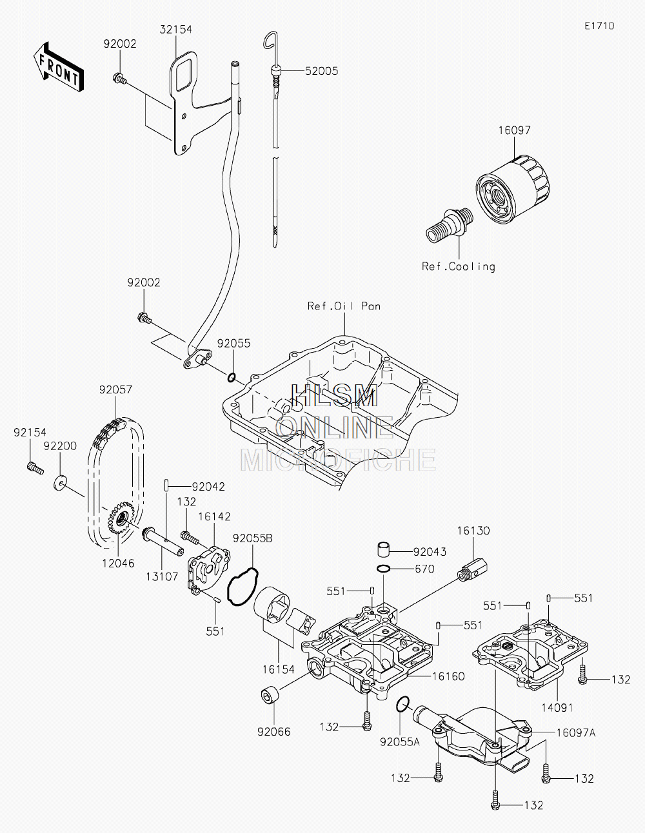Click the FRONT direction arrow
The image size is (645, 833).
(x=57, y=66)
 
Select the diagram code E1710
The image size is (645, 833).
(x=599, y=26)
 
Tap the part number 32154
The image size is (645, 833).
(x=175, y=30)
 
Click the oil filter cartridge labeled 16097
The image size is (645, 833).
(x=513, y=188)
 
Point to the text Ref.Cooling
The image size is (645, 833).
(x=458, y=266)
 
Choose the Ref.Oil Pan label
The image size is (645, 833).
(x=344, y=306)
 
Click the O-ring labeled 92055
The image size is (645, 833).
(x=232, y=378)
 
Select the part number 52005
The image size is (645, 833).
(x=321, y=71)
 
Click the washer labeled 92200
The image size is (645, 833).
(x=60, y=483)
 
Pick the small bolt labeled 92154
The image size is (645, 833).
(x=36, y=468)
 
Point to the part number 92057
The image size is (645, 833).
(x=115, y=389)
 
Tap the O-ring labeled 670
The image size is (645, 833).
(x=384, y=569)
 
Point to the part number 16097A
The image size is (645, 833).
(x=575, y=733)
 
